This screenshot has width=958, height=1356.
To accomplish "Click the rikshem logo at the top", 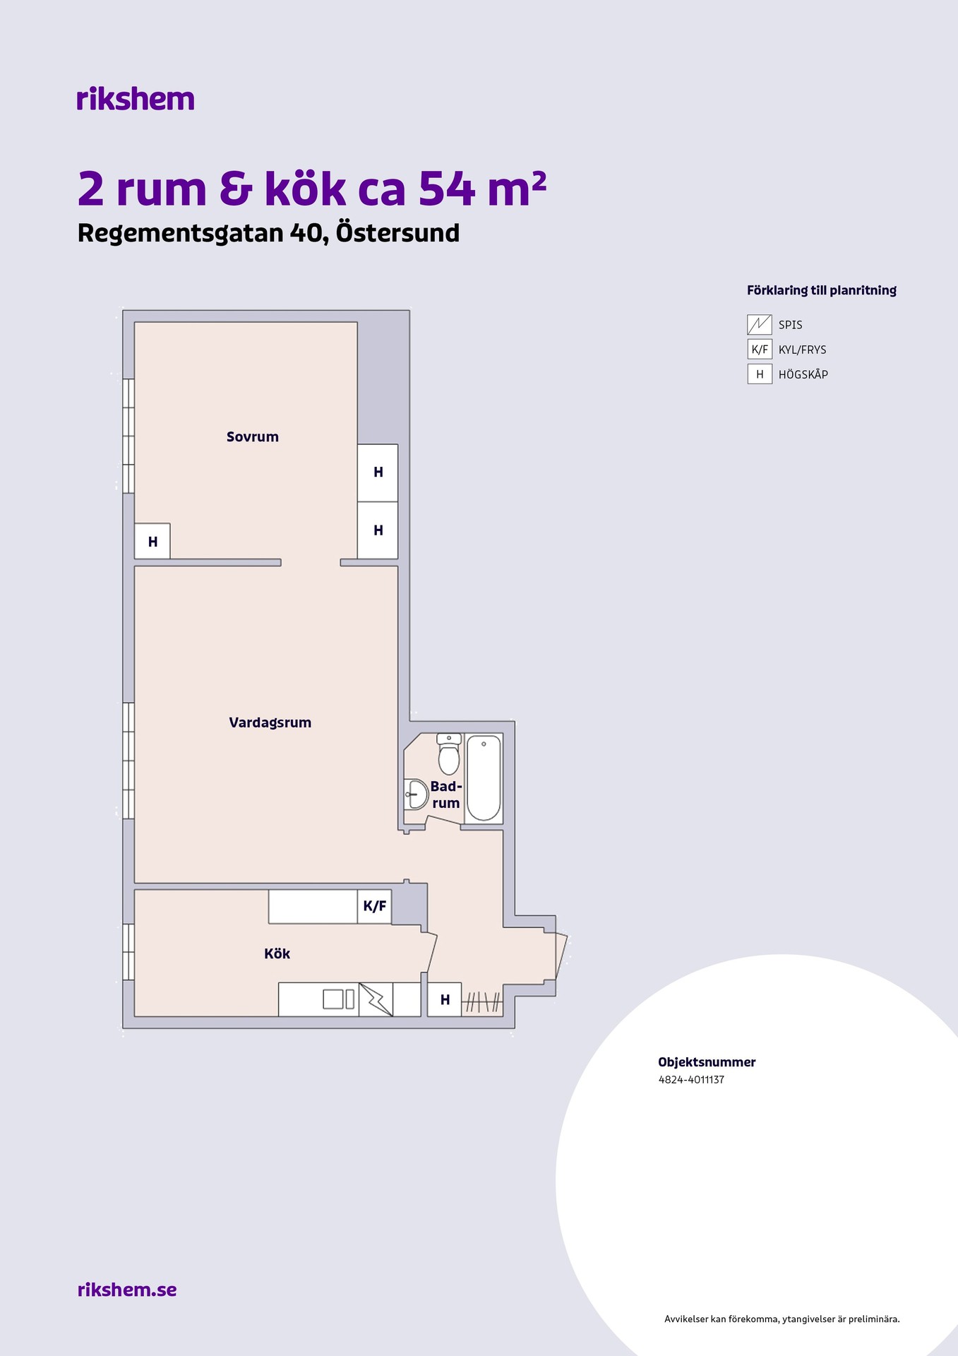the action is click(135, 99).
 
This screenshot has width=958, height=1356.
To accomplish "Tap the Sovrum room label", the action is click(253, 436).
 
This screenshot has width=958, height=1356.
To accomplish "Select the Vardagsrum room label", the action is click(270, 722).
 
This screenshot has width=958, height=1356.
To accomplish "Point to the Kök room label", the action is click(277, 953).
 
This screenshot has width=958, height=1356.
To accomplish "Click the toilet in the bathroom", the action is click(449, 754).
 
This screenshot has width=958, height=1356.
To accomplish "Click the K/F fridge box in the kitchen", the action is click(374, 906).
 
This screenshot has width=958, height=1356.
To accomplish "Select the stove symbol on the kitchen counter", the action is click(376, 999).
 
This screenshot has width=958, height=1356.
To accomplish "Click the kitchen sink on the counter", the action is click(338, 999).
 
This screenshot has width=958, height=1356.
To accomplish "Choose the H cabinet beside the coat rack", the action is click(445, 999).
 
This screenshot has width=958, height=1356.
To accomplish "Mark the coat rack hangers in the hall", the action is click(483, 1001).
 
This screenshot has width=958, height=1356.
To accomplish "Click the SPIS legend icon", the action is click(760, 325).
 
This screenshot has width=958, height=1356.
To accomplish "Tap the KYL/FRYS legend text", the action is click(802, 350).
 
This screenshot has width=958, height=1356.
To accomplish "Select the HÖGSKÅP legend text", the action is click(803, 374).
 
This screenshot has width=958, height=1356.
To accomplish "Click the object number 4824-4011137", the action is click(691, 1079).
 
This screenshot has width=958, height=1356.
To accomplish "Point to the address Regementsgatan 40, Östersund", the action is click(268, 233).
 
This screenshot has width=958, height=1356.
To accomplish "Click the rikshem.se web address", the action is click(127, 1290).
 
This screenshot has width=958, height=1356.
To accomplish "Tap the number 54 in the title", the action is click(447, 189).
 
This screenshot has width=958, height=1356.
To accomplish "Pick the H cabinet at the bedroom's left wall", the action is click(152, 541).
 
